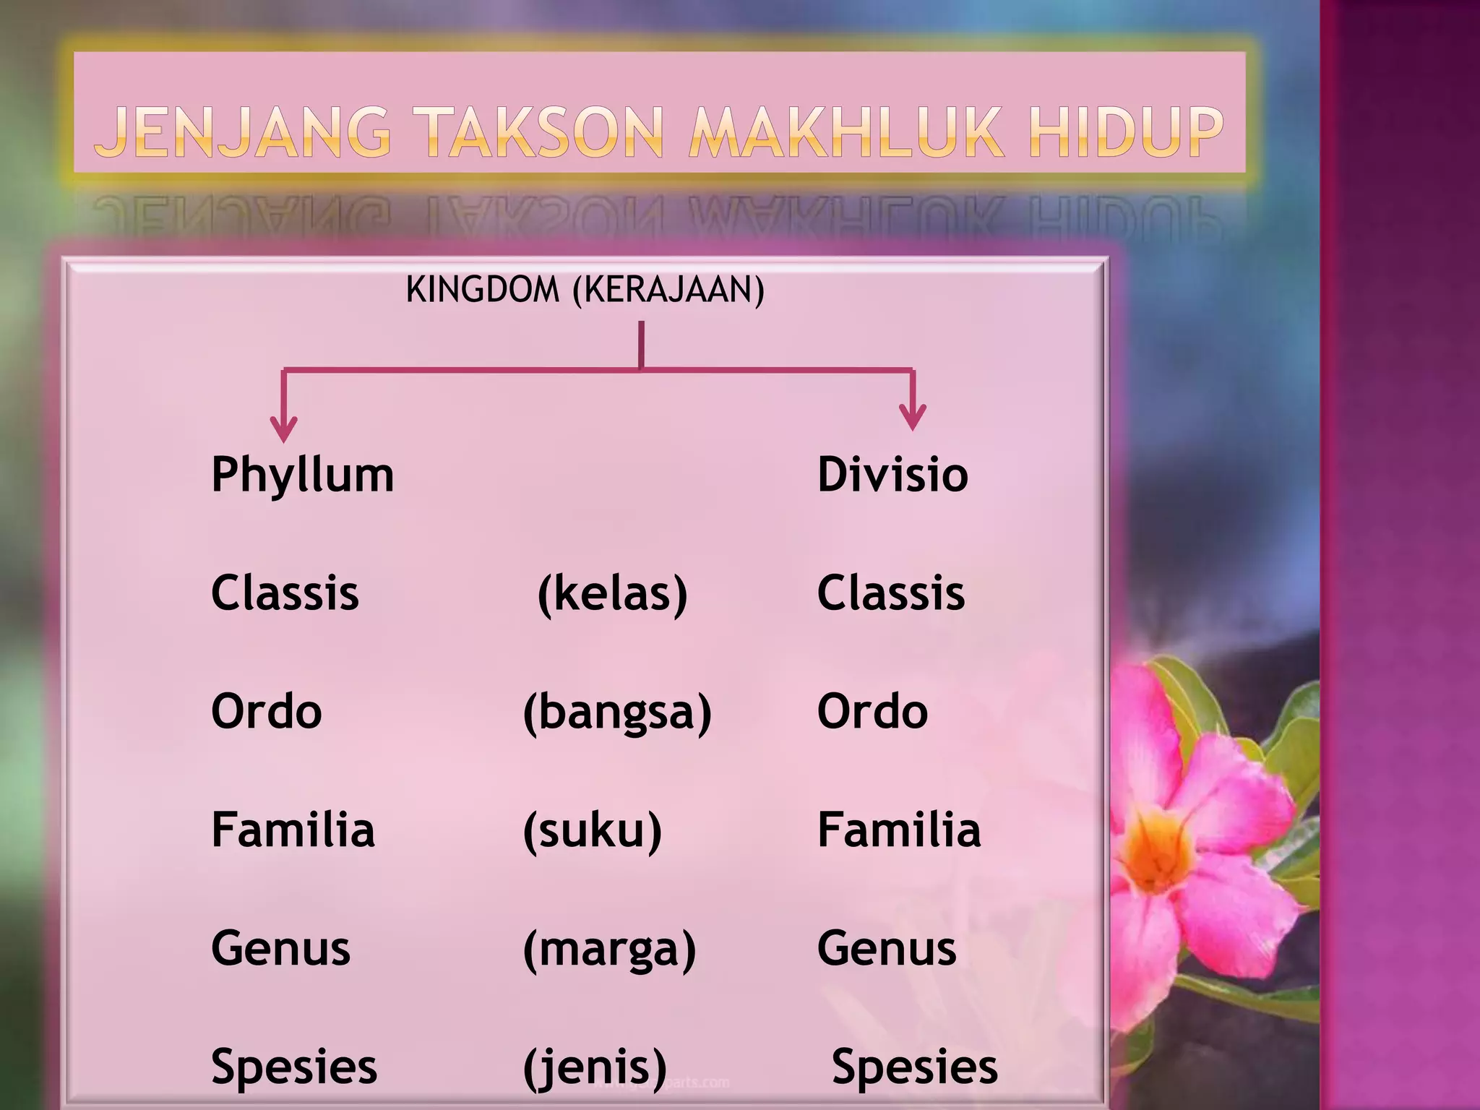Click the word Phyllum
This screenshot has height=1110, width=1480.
(x=302, y=476)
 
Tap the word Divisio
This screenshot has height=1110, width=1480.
(x=892, y=475)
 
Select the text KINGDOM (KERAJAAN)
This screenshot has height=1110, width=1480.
(x=585, y=290)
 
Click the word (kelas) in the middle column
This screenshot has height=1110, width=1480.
(x=612, y=594)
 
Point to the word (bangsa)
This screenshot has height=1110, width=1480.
(x=617, y=713)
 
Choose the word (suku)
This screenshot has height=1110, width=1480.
(x=592, y=831)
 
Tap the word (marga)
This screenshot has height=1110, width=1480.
(x=609, y=950)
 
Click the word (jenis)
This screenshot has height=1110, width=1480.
(x=595, y=1067)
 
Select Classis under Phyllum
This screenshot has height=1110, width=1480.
(x=285, y=593)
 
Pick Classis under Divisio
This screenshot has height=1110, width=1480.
(x=890, y=593)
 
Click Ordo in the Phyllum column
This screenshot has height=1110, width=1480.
(x=266, y=712)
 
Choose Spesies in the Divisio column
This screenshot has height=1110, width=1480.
(x=914, y=1067)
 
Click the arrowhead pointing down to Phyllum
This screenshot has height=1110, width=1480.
(x=283, y=429)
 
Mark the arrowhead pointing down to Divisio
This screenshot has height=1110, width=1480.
(x=913, y=418)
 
